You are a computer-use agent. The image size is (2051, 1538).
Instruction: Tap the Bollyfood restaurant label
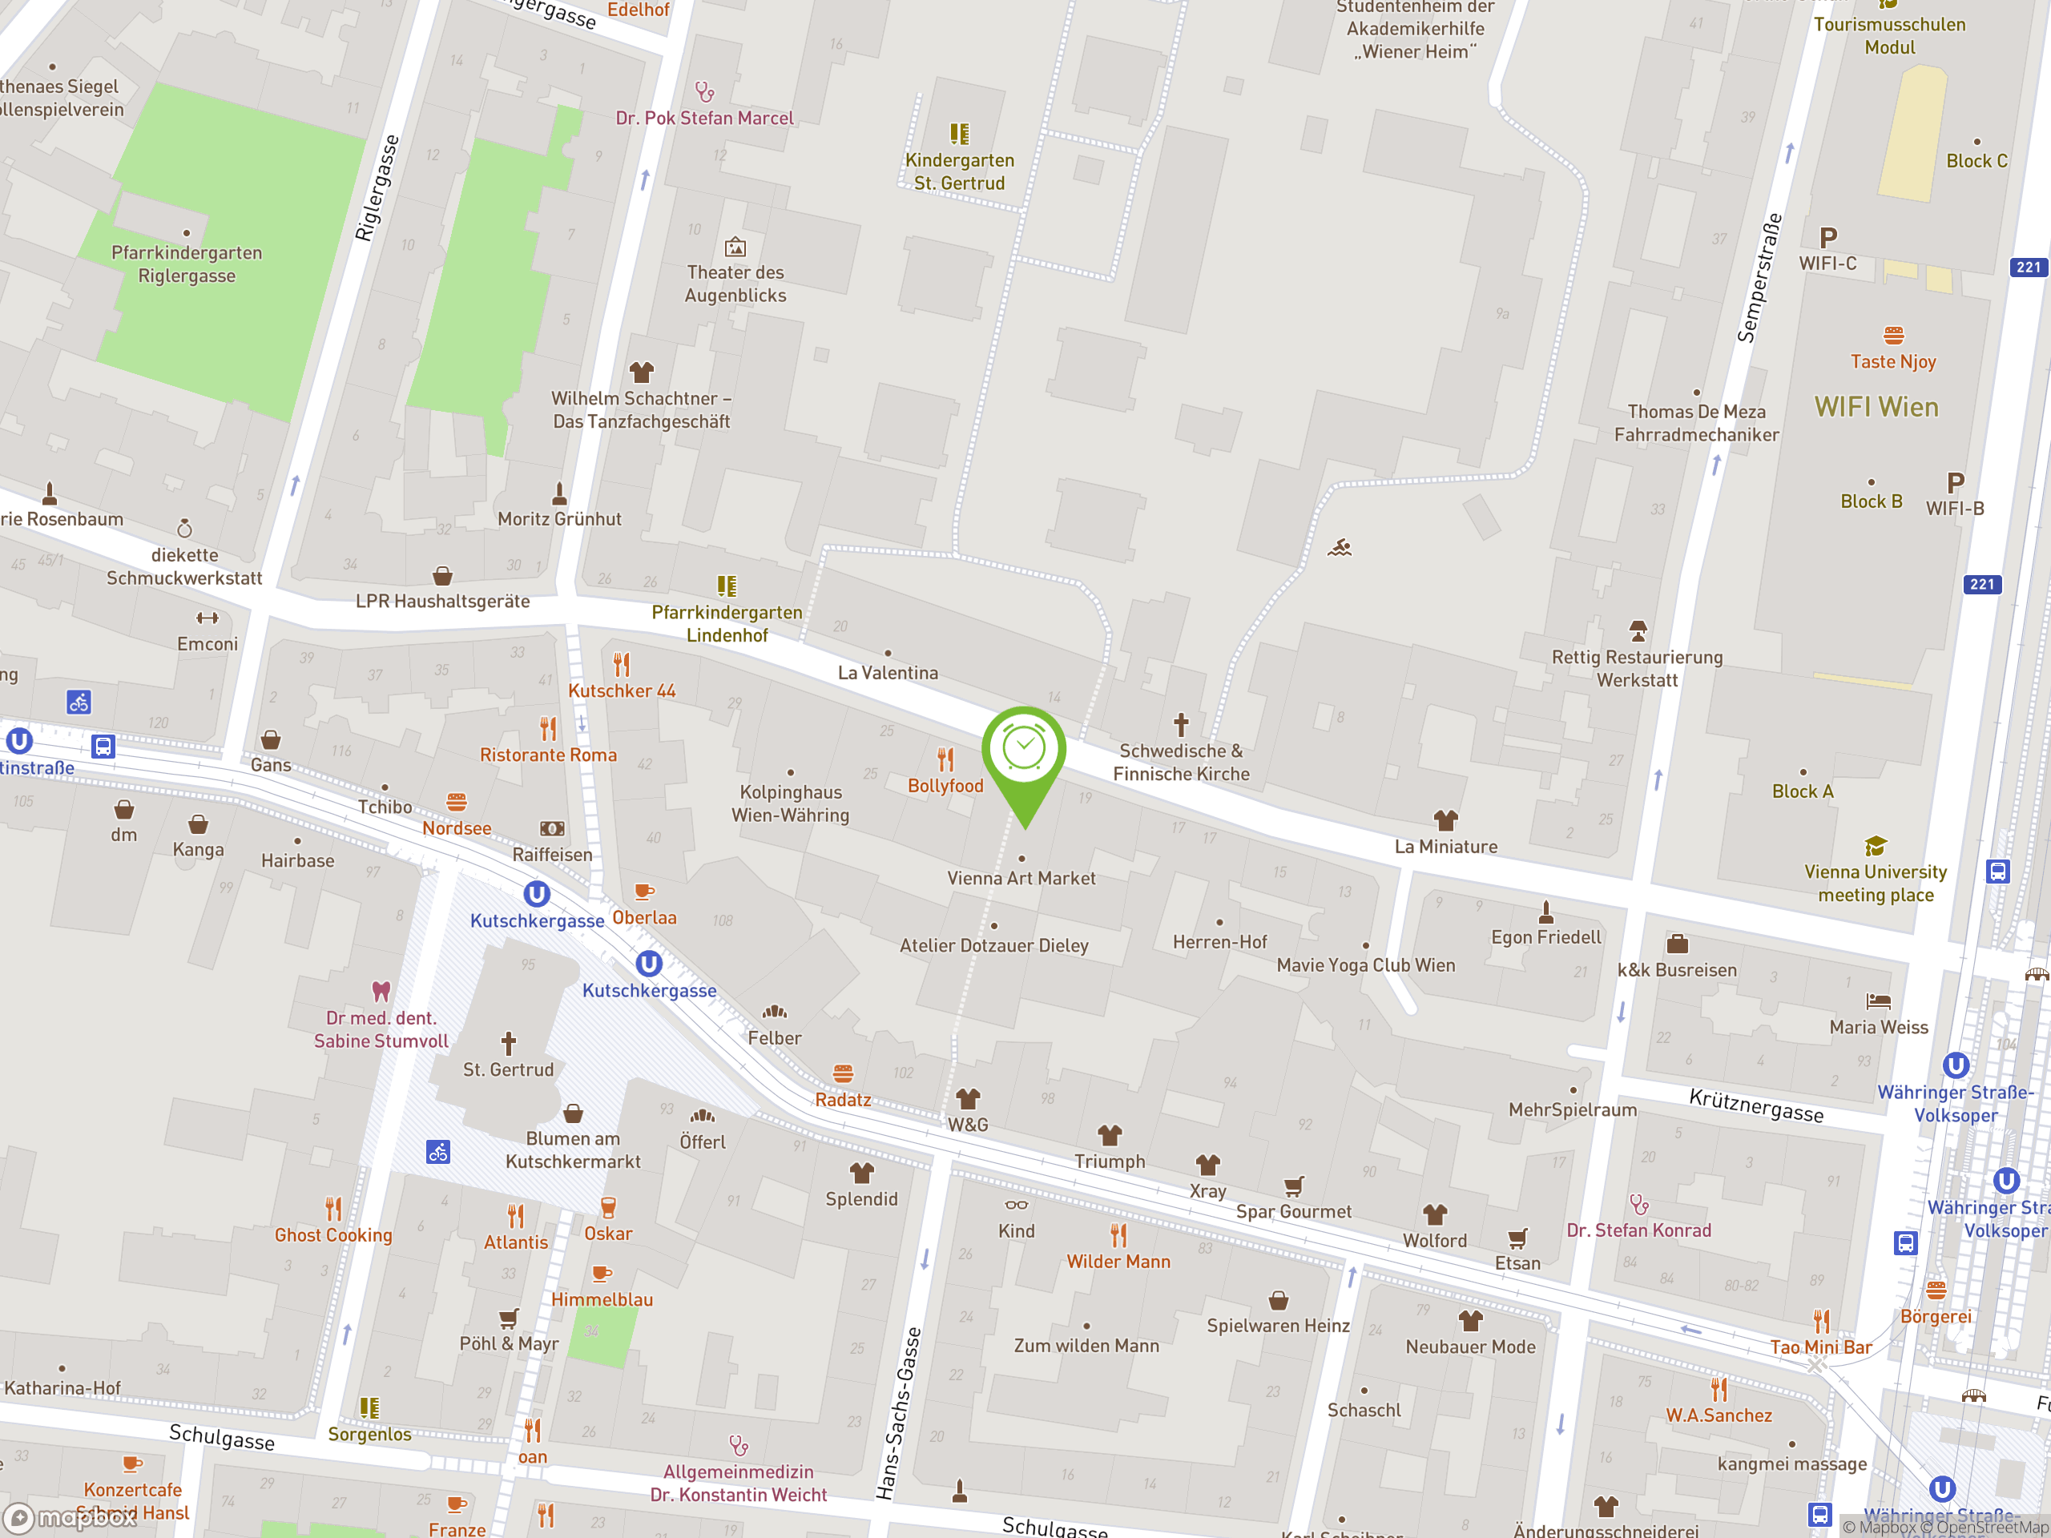point(945,785)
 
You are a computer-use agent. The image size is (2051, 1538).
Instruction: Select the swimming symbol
point(1339,549)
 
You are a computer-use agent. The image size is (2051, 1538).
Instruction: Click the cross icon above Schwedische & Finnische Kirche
point(1180,723)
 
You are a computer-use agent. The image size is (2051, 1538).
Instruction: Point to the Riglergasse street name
point(377,188)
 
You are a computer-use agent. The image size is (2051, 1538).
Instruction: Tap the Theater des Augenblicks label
point(735,284)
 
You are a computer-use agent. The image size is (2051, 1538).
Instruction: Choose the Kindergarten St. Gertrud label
point(959,171)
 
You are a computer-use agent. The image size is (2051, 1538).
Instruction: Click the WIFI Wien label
point(1876,407)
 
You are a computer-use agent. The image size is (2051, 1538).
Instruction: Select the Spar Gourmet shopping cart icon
point(1293,1186)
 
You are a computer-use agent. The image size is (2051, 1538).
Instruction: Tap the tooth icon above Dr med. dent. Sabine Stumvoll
point(381,990)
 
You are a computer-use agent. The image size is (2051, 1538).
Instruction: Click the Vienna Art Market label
point(1021,878)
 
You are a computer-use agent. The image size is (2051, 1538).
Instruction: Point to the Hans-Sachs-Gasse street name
point(900,1413)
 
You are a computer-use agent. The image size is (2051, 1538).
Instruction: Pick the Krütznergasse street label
point(1755,1105)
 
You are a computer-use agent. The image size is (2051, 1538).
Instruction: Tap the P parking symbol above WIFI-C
point(1827,237)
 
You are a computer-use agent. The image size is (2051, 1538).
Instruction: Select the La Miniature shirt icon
point(1445,819)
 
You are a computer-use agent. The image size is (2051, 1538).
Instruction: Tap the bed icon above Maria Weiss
point(1879,1001)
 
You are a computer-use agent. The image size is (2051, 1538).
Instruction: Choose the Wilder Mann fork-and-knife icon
point(1118,1235)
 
